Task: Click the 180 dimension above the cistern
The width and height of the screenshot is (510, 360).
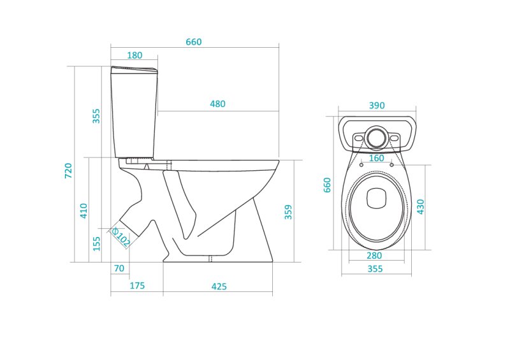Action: tap(135, 55)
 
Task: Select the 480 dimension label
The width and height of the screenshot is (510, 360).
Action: tap(217, 104)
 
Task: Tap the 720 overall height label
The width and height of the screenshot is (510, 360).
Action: tap(68, 170)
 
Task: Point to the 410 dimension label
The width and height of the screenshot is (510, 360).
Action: tap(84, 210)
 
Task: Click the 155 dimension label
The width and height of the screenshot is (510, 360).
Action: tap(96, 243)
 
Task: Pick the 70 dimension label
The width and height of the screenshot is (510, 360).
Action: tap(119, 269)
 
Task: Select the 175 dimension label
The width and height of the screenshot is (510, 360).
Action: tap(137, 286)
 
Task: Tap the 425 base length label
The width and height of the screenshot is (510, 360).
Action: tap(219, 287)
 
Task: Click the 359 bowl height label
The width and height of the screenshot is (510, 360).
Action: tap(288, 212)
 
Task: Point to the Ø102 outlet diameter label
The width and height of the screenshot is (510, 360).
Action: tap(121, 238)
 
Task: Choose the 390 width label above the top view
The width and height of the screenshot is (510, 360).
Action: tap(377, 106)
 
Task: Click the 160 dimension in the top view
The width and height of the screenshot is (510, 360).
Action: tap(376, 158)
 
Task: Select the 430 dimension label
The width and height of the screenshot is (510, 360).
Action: tap(421, 206)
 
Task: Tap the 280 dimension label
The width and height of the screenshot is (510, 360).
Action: tap(375, 256)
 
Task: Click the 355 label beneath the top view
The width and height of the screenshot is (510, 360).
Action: tap(375, 269)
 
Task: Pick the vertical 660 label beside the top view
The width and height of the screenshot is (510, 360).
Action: tap(328, 185)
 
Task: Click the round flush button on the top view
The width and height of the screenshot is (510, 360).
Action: tap(376, 137)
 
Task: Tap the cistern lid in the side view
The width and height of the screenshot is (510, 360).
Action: tap(134, 68)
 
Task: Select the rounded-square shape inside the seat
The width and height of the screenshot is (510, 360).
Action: tap(376, 199)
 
